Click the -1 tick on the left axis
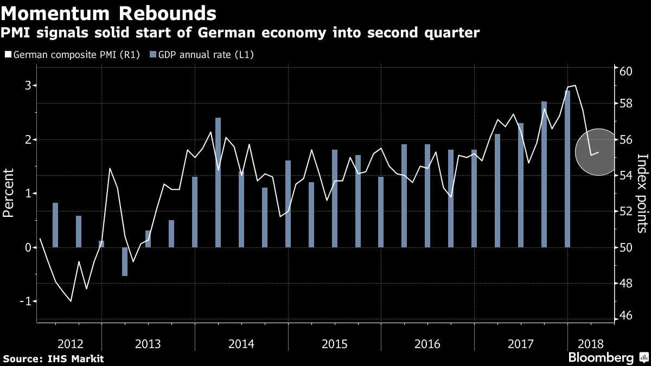pos(25,301)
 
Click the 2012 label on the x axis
pos(70,344)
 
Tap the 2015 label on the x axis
pos(334,344)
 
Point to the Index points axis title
pos(642,193)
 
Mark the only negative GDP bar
pos(125,261)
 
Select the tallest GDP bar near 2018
pos(567,168)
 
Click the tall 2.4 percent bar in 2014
pos(218,182)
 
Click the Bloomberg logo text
pos(601,358)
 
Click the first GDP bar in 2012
pos(55,224)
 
